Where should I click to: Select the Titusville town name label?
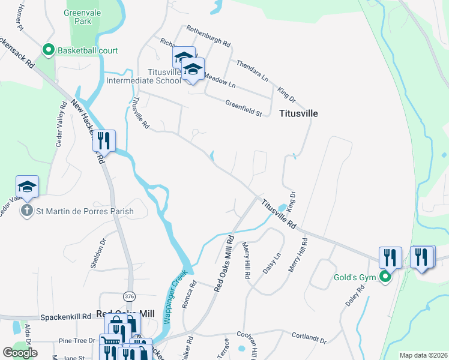(298, 113)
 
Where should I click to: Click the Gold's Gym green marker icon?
(386, 278)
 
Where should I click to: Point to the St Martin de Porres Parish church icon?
(27, 211)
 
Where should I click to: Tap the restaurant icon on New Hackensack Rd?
(104, 141)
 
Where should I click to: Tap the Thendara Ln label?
(252, 70)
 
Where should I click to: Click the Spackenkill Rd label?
(65, 316)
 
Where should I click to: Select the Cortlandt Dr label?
(309, 339)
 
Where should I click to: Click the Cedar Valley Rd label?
(61, 123)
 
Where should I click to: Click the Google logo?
(20, 353)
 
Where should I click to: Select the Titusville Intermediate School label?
(143, 76)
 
